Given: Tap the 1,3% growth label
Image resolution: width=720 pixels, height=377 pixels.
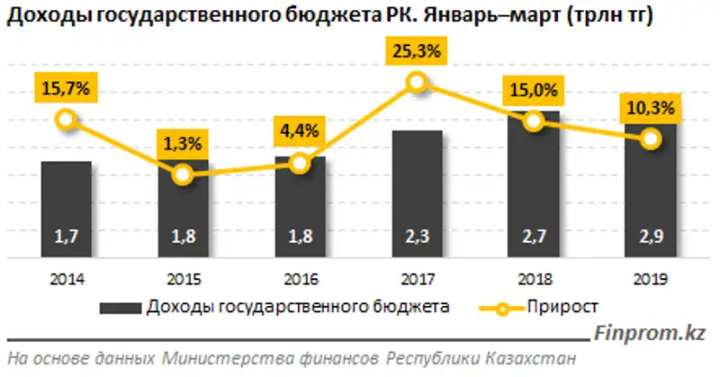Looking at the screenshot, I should coord(183,142).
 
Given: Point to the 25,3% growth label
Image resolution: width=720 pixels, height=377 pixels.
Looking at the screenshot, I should coord(416,52).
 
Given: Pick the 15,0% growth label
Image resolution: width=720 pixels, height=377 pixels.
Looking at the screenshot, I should coord(534,90).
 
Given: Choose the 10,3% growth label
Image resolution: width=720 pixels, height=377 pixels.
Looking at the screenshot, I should coord(651,109).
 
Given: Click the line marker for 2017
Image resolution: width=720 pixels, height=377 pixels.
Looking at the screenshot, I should coord(417,83).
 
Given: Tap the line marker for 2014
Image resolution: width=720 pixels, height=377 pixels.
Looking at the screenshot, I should coord(66,119).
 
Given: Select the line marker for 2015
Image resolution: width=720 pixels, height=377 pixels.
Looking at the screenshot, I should coord(183,174).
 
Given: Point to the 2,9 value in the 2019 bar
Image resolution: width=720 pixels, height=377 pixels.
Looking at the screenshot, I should coord(651,239).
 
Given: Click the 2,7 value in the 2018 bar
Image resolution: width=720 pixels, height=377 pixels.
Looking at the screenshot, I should coord(534,239).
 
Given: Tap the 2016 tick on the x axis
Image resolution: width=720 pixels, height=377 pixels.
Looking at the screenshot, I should coord(300,279).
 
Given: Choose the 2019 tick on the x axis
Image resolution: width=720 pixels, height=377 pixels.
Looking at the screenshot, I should coord(651,279).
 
